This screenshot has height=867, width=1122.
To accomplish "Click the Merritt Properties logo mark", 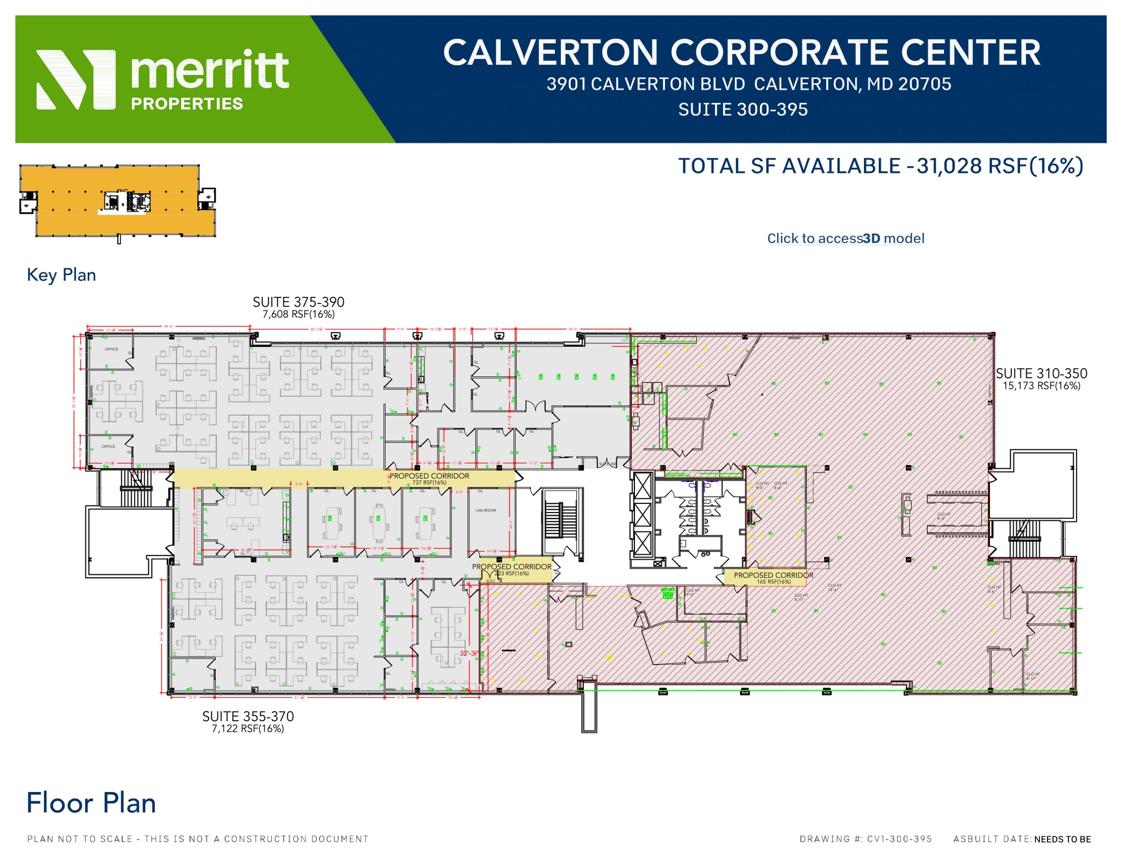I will pos(76,79).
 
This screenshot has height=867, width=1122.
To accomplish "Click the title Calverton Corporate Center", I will pos(741,53).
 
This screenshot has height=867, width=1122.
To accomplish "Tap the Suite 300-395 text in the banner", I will pos(742,110).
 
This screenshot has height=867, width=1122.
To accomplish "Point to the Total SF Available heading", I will pos(880,166).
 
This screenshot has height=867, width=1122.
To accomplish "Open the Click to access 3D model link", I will pos(845,238).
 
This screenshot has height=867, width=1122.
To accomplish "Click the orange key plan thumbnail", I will pos(118,201).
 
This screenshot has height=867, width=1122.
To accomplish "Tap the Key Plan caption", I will pos(61,275).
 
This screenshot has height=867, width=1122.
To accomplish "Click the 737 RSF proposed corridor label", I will pos(429,479).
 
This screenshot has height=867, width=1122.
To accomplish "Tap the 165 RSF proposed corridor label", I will pos(773,578).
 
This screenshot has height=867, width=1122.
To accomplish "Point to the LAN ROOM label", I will pos(485,510).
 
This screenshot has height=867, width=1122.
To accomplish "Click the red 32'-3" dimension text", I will pos(469,653).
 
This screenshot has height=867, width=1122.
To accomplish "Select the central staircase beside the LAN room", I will pos(560,520).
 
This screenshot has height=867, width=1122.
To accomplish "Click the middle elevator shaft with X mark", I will pos(642,515).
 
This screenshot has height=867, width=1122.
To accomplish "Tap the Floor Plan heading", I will pos(91,803).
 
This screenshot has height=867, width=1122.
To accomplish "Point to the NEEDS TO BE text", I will pos(1062,839).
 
